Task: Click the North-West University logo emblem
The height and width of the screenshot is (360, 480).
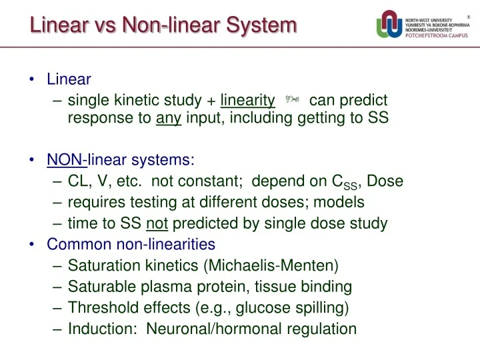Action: pyautogui.click(x=389, y=26)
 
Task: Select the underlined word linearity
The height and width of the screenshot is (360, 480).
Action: pyautogui.click(x=247, y=101)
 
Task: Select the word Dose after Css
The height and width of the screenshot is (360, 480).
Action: pyautogui.click(x=385, y=181)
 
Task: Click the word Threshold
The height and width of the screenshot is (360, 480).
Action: pyautogui.click(x=100, y=308)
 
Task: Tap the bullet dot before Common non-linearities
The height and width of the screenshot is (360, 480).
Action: pyautogui.click(x=33, y=244)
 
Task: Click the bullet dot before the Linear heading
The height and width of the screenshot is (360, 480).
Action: pyautogui.click(x=33, y=80)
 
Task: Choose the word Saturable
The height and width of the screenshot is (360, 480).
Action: pyautogui.click(x=99, y=287)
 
